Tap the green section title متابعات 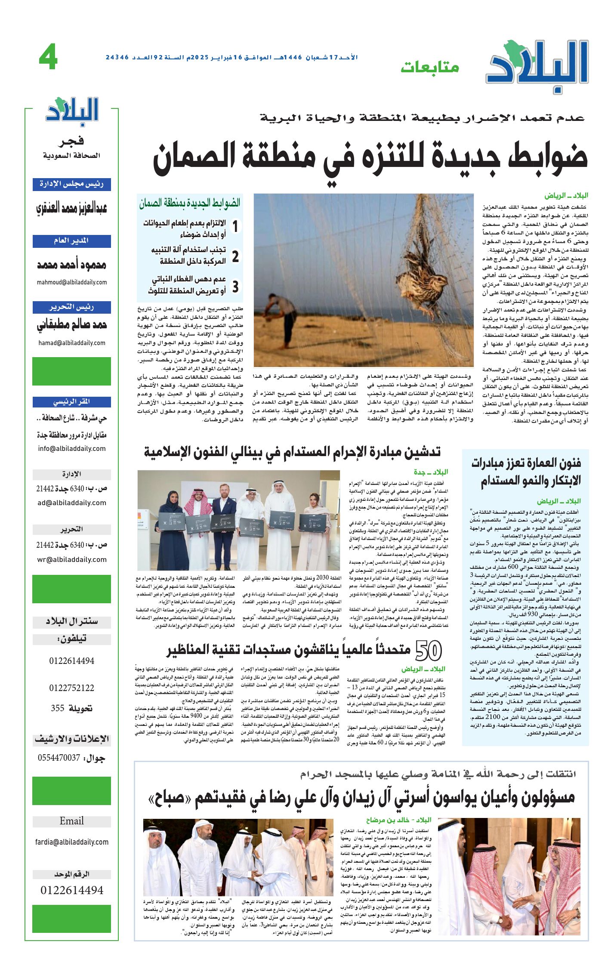[x=430, y=67]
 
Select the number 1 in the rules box [x=235, y=226]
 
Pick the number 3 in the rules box [x=235, y=287]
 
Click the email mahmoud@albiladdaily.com [x=72, y=282]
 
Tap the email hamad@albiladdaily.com [x=72, y=343]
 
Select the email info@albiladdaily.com [x=72, y=448]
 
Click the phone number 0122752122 [x=72, y=688]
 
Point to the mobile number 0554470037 [x=59, y=758]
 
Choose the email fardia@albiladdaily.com [x=72, y=842]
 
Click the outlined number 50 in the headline [x=429, y=650]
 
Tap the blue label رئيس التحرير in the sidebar [x=72, y=307]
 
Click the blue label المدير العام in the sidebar [x=72, y=241]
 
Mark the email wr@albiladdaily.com [x=72, y=559]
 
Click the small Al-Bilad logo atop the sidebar [x=72, y=111]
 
